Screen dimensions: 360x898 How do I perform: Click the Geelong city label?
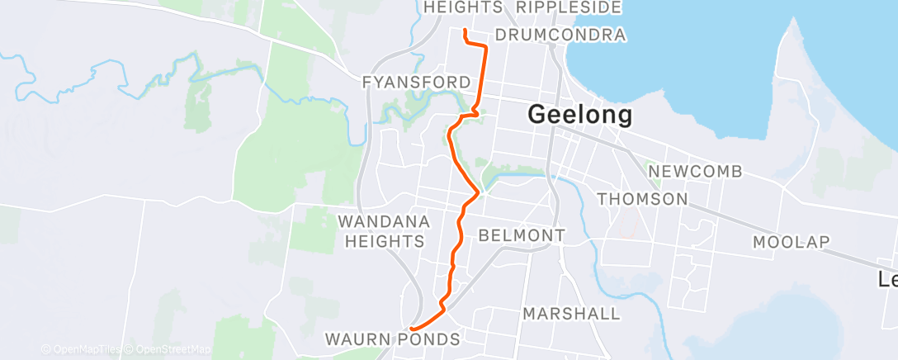pyautogui.click(x=580, y=115)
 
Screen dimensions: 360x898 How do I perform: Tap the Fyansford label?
pyautogui.click(x=417, y=83)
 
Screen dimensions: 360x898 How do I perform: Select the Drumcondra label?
pyautogui.click(x=560, y=36)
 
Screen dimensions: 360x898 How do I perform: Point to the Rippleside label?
pyautogui.click(x=568, y=7)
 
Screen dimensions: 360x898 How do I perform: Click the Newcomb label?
pyautogui.click(x=696, y=172)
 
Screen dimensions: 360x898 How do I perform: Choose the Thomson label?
pyautogui.click(x=642, y=199)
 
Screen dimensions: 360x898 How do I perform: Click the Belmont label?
pyautogui.click(x=522, y=236)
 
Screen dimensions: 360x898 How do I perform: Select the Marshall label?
pyautogui.click(x=571, y=314)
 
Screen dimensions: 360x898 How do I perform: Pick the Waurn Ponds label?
pyautogui.click(x=392, y=339)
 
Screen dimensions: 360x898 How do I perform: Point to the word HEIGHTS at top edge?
pyautogui.click(x=463, y=7)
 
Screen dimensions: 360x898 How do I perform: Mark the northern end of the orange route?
pyautogui.click(x=466, y=31)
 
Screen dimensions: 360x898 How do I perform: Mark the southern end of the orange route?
pyautogui.click(x=411, y=329)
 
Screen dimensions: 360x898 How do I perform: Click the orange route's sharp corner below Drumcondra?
pyautogui.click(x=484, y=48)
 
